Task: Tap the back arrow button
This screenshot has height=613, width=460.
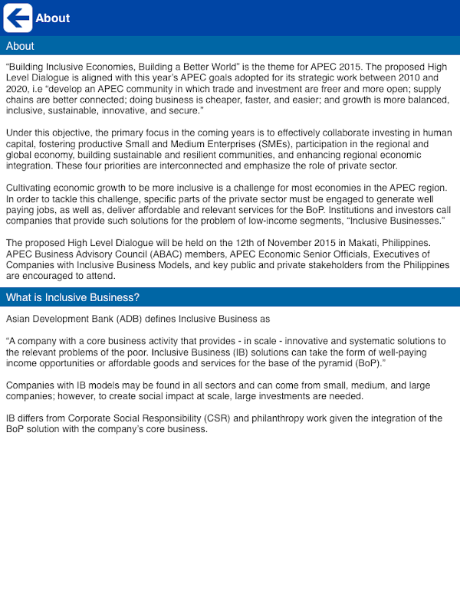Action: click(18, 18)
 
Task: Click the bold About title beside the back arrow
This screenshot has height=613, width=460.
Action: click(52, 18)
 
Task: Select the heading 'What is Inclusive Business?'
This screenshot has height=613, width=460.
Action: click(73, 297)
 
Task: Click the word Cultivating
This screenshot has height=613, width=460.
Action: click(31, 188)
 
